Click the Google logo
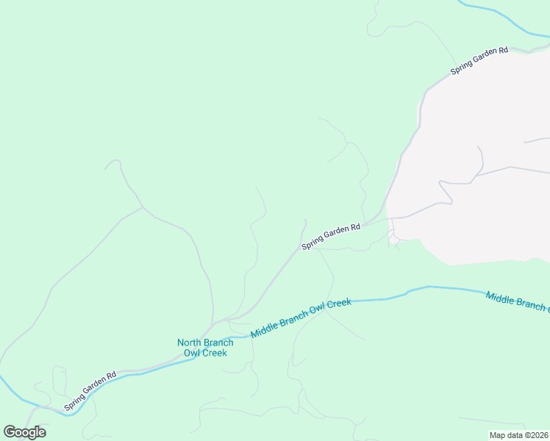[x=24, y=432]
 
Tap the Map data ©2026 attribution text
[x=518, y=434]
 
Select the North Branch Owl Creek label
[x=205, y=348]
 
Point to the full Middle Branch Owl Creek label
[x=301, y=318]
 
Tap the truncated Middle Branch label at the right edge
[x=517, y=301]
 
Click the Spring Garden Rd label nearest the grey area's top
[x=479, y=61]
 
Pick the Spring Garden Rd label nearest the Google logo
[x=90, y=391]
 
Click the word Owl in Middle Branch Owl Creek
[x=315, y=313]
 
